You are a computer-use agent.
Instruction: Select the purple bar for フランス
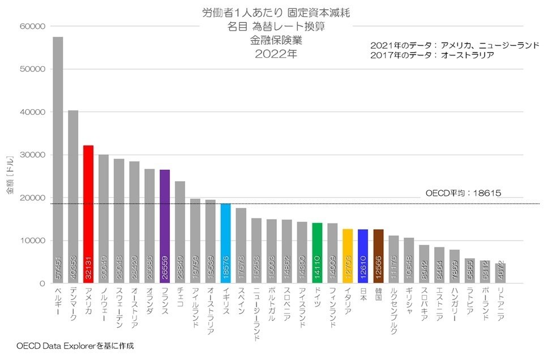tap(165, 226)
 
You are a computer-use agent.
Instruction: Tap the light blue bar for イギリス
tap(225, 243)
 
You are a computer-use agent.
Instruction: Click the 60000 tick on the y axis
tap(32, 27)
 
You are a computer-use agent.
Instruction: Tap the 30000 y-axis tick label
tap(32, 155)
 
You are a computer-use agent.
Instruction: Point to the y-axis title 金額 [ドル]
tap(10, 176)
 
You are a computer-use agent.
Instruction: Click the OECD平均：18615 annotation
tap(463, 193)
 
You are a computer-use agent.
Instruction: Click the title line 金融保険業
tap(275, 41)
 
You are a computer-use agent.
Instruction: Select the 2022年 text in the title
tap(275, 55)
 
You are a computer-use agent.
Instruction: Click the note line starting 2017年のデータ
tap(432, 55)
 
